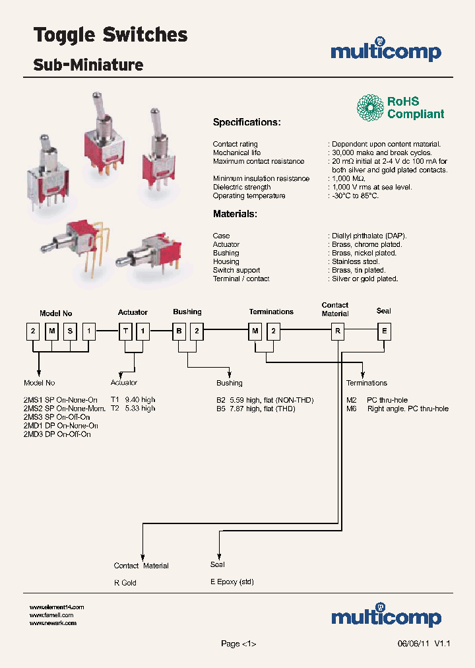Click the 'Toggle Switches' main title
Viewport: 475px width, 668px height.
pos(110,35)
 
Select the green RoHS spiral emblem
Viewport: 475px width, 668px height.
pos(370,108)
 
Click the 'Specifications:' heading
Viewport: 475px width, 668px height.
pos(246,122)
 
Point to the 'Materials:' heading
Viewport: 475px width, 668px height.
pos(235,214)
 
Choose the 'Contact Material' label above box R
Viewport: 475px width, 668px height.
pos(334,309)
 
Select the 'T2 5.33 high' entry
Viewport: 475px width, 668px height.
pos(133,409)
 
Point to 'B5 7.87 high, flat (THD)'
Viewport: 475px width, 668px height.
pos(256,409)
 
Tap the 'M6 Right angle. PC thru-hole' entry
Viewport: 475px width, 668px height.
pos(397,409)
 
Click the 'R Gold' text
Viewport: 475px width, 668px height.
pos(125,583)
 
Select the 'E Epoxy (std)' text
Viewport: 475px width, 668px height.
pos(232,582)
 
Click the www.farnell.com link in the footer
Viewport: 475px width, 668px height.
pos(51,615)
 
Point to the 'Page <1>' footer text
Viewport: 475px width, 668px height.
pos(238,644)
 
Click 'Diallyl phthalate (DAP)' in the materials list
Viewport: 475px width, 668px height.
pos(369,236)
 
